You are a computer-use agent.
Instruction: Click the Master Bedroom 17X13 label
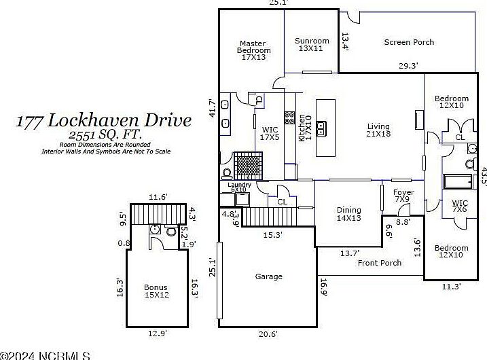coord(253,51)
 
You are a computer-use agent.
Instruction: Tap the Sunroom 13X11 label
coord(312,45)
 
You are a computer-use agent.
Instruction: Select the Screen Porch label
coord(409,42)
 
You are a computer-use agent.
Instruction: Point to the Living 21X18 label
coord(378,130)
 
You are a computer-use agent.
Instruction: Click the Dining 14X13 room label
coord(348,214)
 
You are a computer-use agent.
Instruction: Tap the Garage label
coord(269,276)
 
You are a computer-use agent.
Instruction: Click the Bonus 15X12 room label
coord(156,291)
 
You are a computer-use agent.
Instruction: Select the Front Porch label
coord(380,263)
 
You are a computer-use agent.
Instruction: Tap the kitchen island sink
coord(323,127)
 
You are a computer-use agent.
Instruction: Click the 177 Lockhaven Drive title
coord(104,122)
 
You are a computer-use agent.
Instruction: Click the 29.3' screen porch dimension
coord(408,66)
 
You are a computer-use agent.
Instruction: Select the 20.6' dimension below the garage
coord(268,334)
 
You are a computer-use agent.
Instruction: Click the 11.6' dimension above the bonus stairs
coord(158,197)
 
